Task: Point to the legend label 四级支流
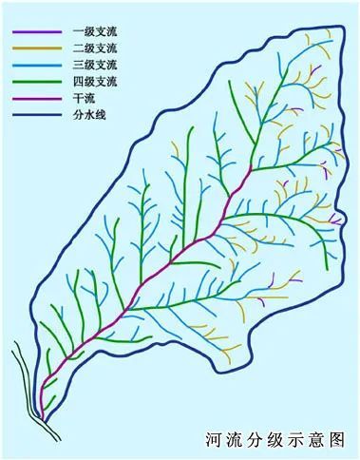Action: [x=91, y=82]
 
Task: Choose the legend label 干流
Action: [x=84, y=99]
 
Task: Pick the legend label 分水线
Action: [x=87, y=115]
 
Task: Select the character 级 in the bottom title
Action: [x=276, y=440]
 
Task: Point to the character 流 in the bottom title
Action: [x=235, y=440]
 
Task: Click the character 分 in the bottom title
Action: [x=256, y=440]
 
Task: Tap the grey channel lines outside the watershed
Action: [x=24, y=380]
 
